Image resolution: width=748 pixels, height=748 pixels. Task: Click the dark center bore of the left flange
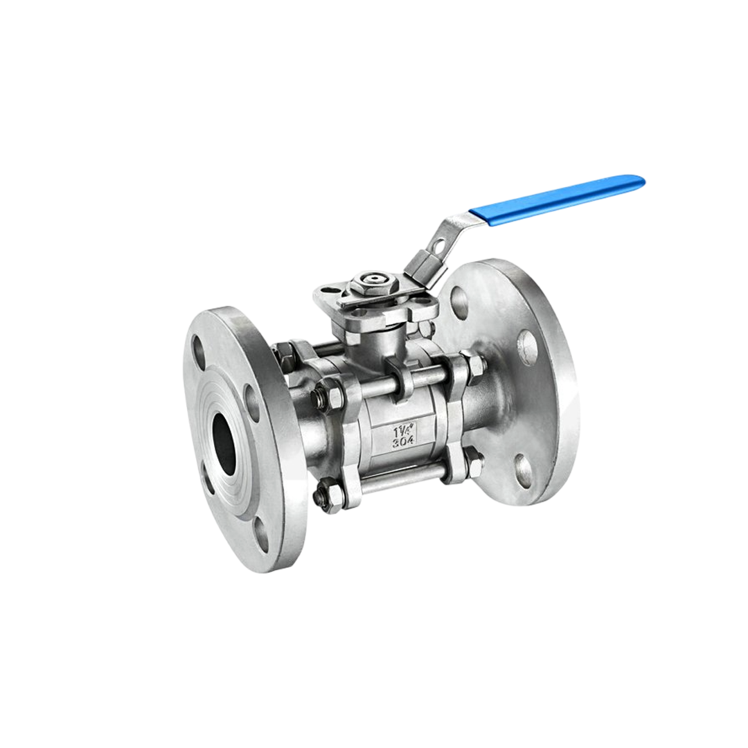click(224, 436)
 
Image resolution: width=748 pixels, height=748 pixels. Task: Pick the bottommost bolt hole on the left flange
click(261, 534)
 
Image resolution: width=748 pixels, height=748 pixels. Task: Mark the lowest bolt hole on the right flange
click(524, 471)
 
